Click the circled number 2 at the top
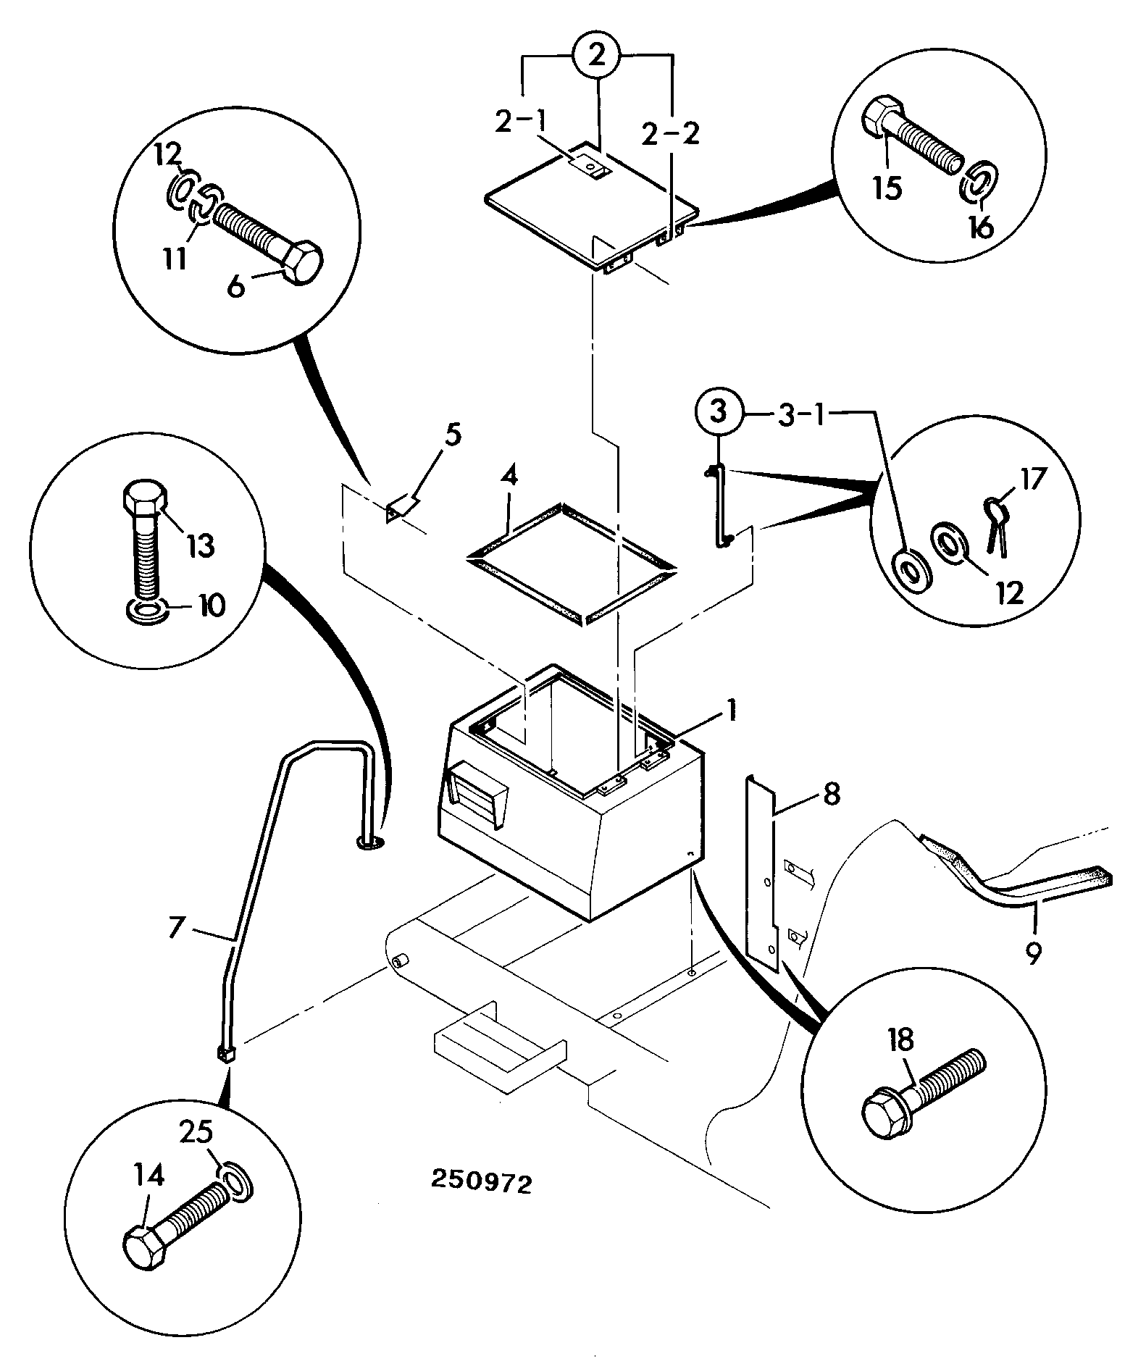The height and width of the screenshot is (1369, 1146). point(598,57)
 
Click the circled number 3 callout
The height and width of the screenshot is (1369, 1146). point(717,414)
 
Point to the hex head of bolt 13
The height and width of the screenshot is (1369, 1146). point(143,499)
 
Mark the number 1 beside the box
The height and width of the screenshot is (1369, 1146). point(732,710)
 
